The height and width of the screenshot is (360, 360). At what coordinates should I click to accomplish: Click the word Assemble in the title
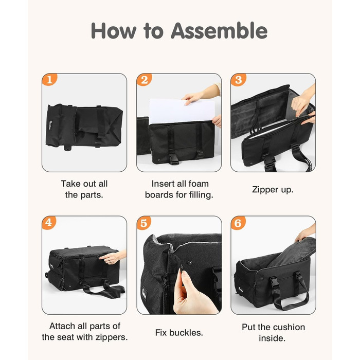tap(219, 30)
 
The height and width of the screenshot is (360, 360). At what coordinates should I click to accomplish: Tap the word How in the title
tap(114, 30)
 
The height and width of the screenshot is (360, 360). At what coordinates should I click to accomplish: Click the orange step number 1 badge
tap(49, 79)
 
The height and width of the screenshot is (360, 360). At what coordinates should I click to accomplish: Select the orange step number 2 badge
tap(144, 80)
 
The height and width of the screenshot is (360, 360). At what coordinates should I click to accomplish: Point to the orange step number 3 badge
tap(238, 80)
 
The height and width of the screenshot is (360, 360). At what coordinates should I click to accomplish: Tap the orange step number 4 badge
tap(49, 222)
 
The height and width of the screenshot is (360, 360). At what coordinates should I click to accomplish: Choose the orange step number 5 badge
tap(143, 223)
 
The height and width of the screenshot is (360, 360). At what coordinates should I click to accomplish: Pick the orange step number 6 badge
tap(238, 223)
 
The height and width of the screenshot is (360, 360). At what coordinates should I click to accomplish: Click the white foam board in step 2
tap(182, 112)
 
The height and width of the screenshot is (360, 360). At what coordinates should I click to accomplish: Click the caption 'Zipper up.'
tap(273, 190)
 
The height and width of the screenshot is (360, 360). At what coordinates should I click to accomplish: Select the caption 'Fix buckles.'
tap(179, 332)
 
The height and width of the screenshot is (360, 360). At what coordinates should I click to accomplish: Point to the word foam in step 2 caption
tap(198, 184)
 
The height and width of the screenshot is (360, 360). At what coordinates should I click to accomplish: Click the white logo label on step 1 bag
tap(50, 124)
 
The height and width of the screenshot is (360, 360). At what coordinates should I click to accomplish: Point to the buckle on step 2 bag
tap(174, 158)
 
